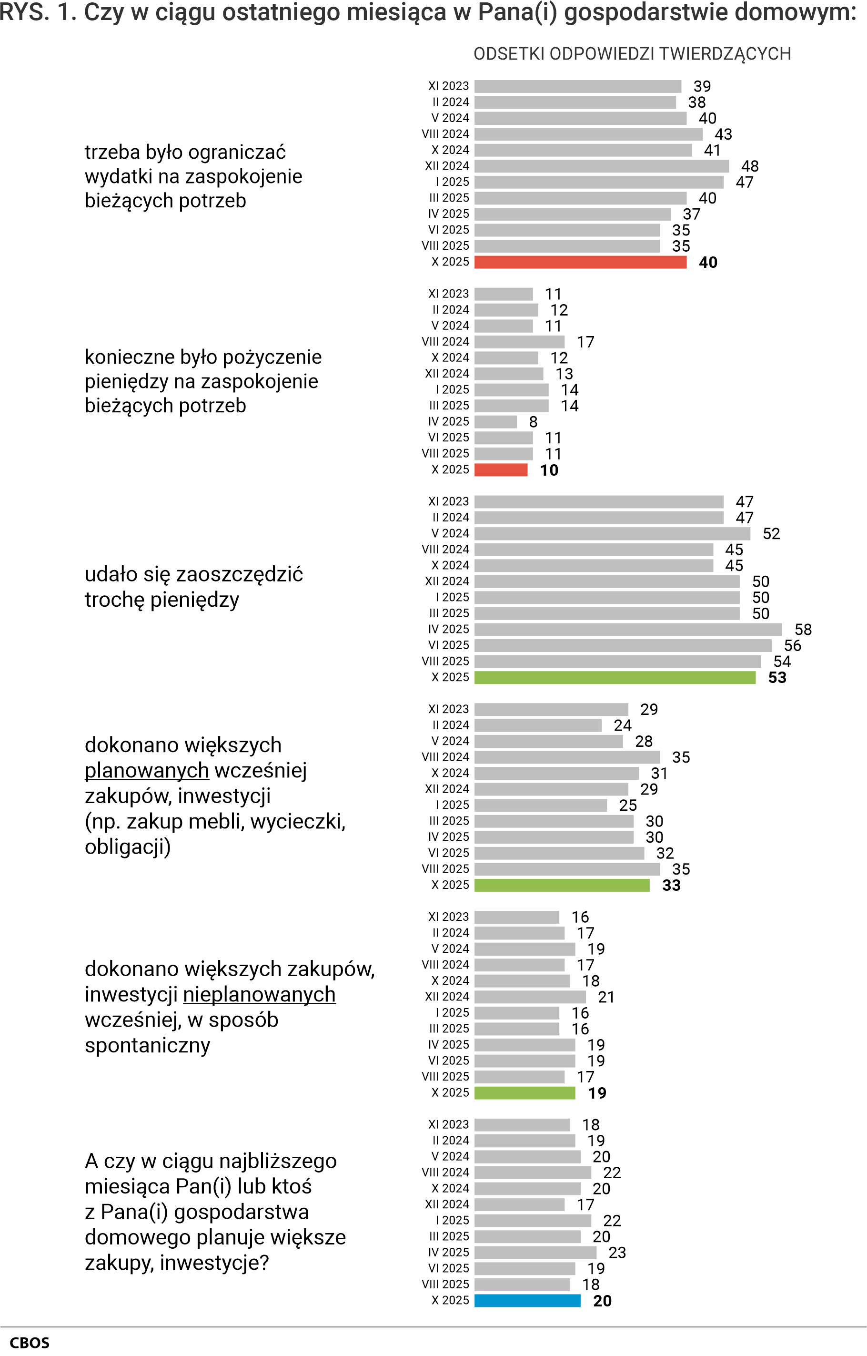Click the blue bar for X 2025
point(527,1300)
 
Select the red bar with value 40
point(580,262)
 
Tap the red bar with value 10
point(501,469)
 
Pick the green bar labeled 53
point(615,677)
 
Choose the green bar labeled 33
point(561,885)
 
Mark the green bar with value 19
point(524,1093)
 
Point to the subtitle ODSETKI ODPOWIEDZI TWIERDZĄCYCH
point(632,54)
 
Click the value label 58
point(803,630)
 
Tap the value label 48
point(749,166)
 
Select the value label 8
point(533,422)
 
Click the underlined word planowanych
point(146,770)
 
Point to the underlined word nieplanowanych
point(259,994)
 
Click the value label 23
point(617,1253)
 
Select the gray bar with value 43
point(588,134)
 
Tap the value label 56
point(792,645)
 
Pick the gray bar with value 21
point(530,997)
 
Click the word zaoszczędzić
point(239,574)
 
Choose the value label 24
point(622,725)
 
